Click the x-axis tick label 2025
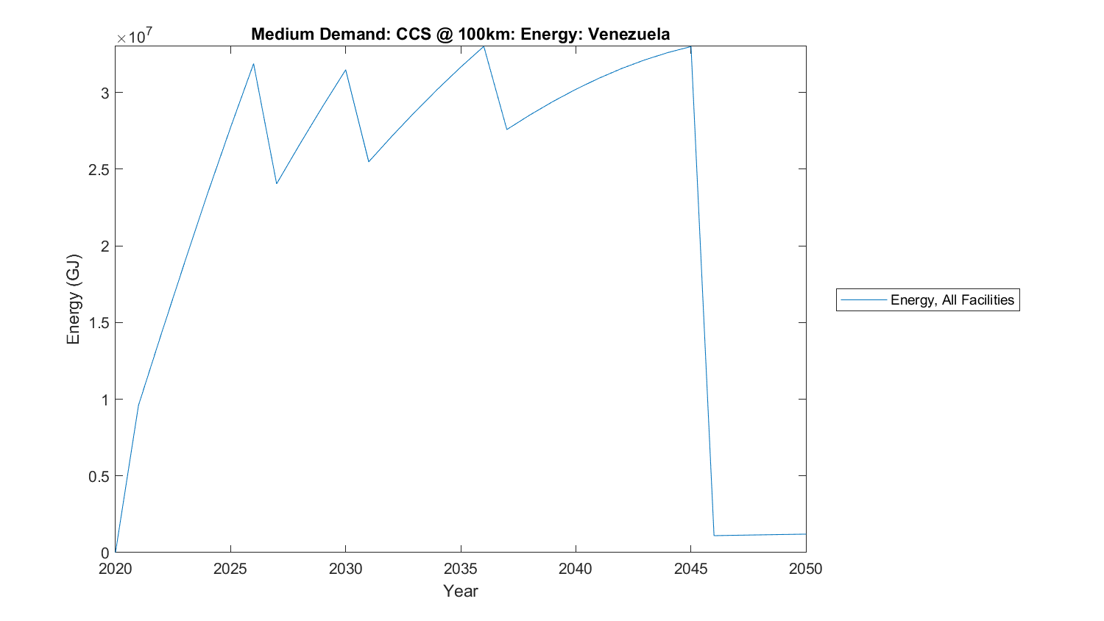pyautogui.click(x=230, y=569)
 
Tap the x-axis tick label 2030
pyautogui.click(x=345, y=569)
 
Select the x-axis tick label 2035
pyautogui.click(x=461, y=569)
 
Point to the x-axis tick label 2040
pyautogui.click(x=576, y=569)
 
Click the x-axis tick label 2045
pyautogui.click(x=690, y=569)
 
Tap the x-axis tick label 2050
pyautogui.click(x=805, y=569)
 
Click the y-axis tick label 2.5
pyautogui.click(x=98, y=169)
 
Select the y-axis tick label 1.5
pyautogui.click(x=98, y=323)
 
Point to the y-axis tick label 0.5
pyautogui.click(x=98, y=476)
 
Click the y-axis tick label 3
pyautogui.click(x=105, y=93)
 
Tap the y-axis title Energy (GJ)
pyautogui.click(x=73, y=299)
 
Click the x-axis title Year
pyautogui.click(x=461, y=591)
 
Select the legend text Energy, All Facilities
pyautogui.click(x=952, y=299)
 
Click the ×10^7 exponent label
pyautogui.click(x=135, y=36)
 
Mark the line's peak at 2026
pyautogui.click(x=253, y=63)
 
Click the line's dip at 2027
pyautogui.click(x=277, y=183)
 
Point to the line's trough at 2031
pyautogui.click(x=369, y=162)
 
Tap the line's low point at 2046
pyautogui.click(x=714, y=536)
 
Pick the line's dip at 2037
pyautogui.click(x=506, y=129)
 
